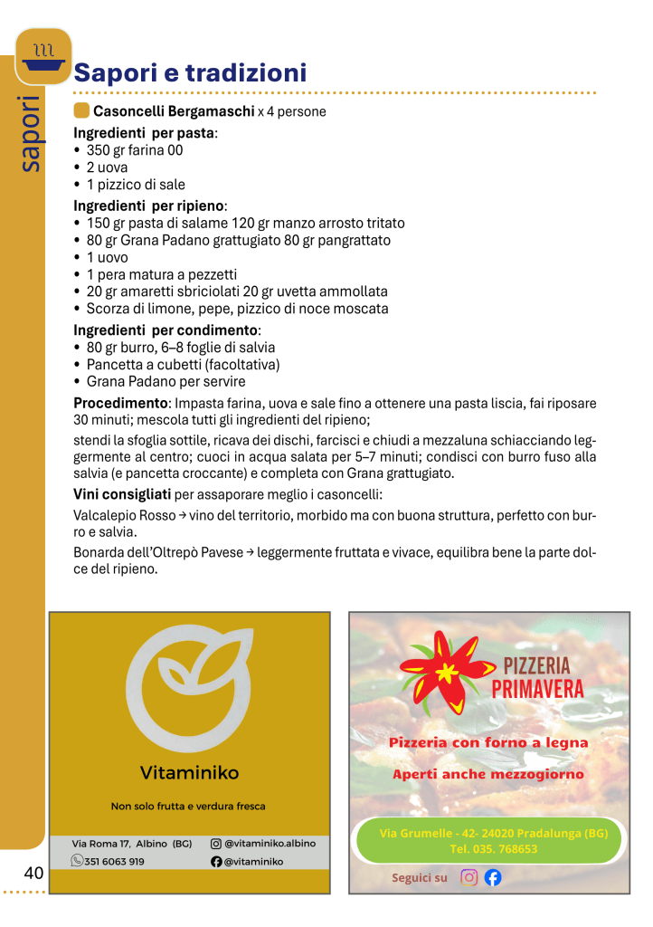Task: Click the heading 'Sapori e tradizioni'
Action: click(190, 72)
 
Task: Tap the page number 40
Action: click(33, 874)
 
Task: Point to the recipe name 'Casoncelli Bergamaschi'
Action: click(174, 112)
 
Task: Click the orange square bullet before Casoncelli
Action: click(81, 111)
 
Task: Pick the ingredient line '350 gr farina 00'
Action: click(135, 150)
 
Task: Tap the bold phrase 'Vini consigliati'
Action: click(122, 494)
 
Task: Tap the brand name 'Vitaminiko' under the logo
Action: click(189, 772)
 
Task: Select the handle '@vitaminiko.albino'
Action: click(270, 843)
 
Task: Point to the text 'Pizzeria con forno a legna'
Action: click(488, 742)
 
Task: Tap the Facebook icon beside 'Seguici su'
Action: click(493, 877)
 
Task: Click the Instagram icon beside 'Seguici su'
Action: click(468, 877)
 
